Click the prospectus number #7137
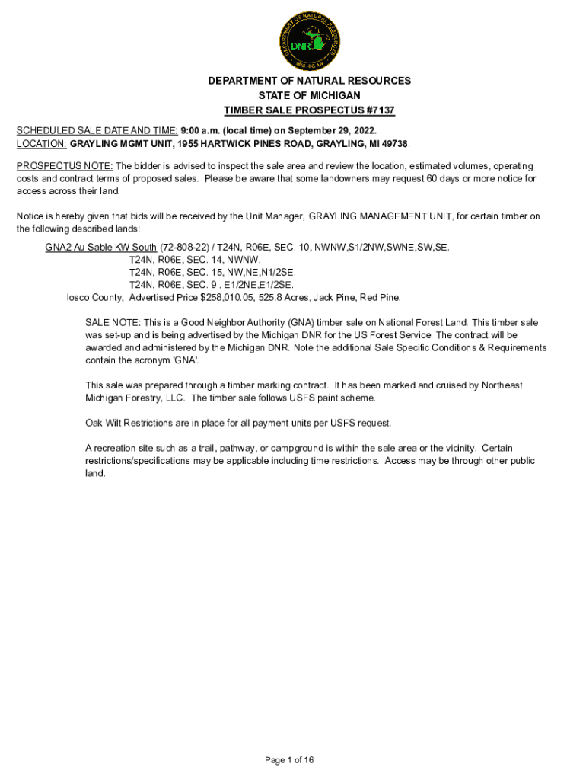379,110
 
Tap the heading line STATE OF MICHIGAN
309,95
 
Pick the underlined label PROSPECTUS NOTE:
65,166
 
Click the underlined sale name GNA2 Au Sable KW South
100,248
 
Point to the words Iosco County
95,297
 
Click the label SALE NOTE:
112,323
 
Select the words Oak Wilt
105,423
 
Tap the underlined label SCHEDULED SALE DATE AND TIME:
97,131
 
